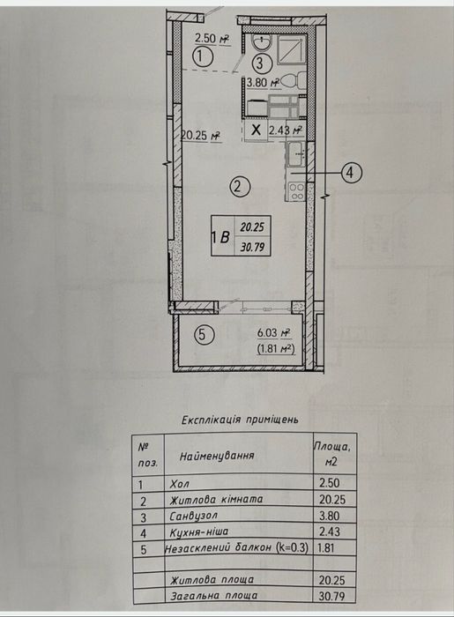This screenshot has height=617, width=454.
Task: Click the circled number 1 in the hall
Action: point(203,57)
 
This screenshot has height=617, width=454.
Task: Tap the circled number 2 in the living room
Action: point(240,186)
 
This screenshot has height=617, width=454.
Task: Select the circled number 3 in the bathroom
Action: point(260,63)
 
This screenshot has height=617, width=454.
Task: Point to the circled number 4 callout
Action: point(352,173)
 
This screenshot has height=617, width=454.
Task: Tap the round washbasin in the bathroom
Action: point(262,41)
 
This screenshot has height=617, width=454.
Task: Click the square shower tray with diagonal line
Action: point(292,49)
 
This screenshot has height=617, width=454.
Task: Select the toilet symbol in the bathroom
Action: point(294,81)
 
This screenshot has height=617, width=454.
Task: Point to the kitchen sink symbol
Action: point(296,155)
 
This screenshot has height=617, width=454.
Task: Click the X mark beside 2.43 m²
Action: point(257,129)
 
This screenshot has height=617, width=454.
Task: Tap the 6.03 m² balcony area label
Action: point(274,333)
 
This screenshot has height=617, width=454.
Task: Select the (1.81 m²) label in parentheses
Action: point(276,349)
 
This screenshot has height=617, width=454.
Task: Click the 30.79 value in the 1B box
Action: point(253,247)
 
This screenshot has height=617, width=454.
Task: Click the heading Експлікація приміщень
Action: point(240,420)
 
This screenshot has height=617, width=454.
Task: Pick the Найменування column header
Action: point(217,456)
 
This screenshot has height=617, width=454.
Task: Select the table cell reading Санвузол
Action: point(194,516)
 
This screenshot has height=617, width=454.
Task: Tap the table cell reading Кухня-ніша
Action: point(198,532)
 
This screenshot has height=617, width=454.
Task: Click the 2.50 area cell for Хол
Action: point(330,483)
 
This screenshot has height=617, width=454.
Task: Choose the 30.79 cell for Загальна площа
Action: point(332,596)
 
